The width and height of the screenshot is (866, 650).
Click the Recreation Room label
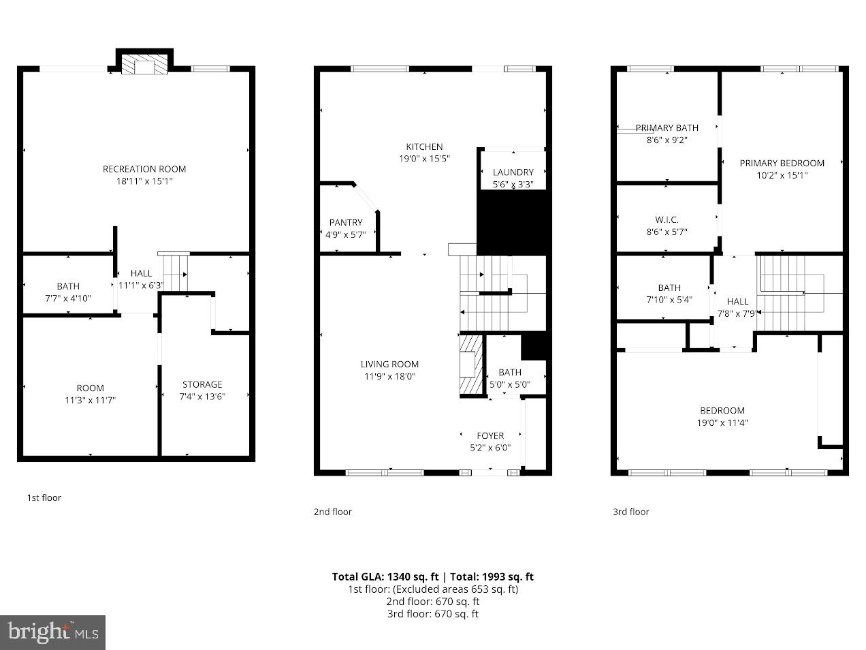[144, 169]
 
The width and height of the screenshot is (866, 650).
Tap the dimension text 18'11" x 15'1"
[144, 181]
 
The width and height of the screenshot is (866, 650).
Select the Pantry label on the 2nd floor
[346, 223]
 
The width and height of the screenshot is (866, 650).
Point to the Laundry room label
[513, 172]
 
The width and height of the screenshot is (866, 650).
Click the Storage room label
[202, 384]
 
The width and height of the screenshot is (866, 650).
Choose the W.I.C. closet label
[667, 219]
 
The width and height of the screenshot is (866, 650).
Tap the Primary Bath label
[667, 127]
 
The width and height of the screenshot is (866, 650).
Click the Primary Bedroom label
[782, 163]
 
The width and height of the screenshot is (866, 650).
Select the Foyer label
[490, 435]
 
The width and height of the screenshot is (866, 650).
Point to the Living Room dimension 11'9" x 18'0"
[389, 376]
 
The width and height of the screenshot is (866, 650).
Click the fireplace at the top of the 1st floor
[144, 66]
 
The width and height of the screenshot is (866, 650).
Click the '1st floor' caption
[44, 497]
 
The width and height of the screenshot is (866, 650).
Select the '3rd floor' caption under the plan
[630, 512]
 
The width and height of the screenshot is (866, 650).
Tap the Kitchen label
[424, 146]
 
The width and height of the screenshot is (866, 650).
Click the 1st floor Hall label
[141, 273]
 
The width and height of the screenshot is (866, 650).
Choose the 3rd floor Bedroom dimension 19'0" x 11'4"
[722, 422]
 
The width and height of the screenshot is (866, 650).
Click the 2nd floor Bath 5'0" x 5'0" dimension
[510, 384]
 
